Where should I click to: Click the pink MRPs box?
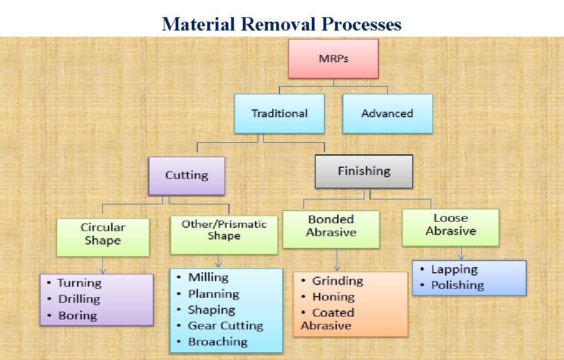tap(333, 58)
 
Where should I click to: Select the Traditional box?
tap(279, 113)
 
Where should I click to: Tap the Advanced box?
tap(387, 113)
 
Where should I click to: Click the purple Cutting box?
tap(187, 176)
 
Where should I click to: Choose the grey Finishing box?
tap(364, 171)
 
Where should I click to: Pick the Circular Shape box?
tap(103, 234)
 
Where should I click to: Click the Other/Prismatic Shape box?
tap(224, 230)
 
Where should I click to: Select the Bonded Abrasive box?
tap(331, 226)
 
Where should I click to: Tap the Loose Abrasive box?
tap(451, 224)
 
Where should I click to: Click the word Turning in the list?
tap(79, 283)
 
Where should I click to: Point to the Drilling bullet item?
tap(79, 299)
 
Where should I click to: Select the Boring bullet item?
tap(78, 316)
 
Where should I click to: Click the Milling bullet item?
tap(208, 277)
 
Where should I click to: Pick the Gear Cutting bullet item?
tap(226, 326)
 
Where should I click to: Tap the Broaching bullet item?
tap(218, 342)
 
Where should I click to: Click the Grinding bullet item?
tap(337, 281)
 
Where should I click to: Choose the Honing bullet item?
tap(333, 297)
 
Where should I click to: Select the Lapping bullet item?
tap(454, 269)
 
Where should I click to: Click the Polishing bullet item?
tap(457, 286)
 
